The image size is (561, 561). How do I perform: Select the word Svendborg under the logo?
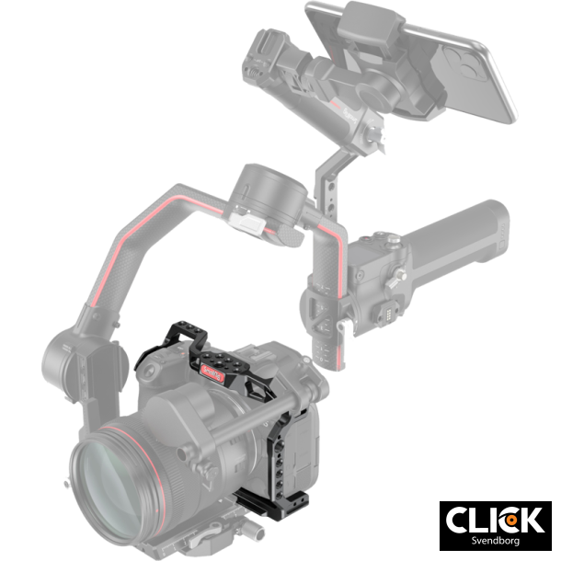[x=495, y=542]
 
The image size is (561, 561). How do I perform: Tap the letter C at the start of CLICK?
[x=461, y=519]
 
